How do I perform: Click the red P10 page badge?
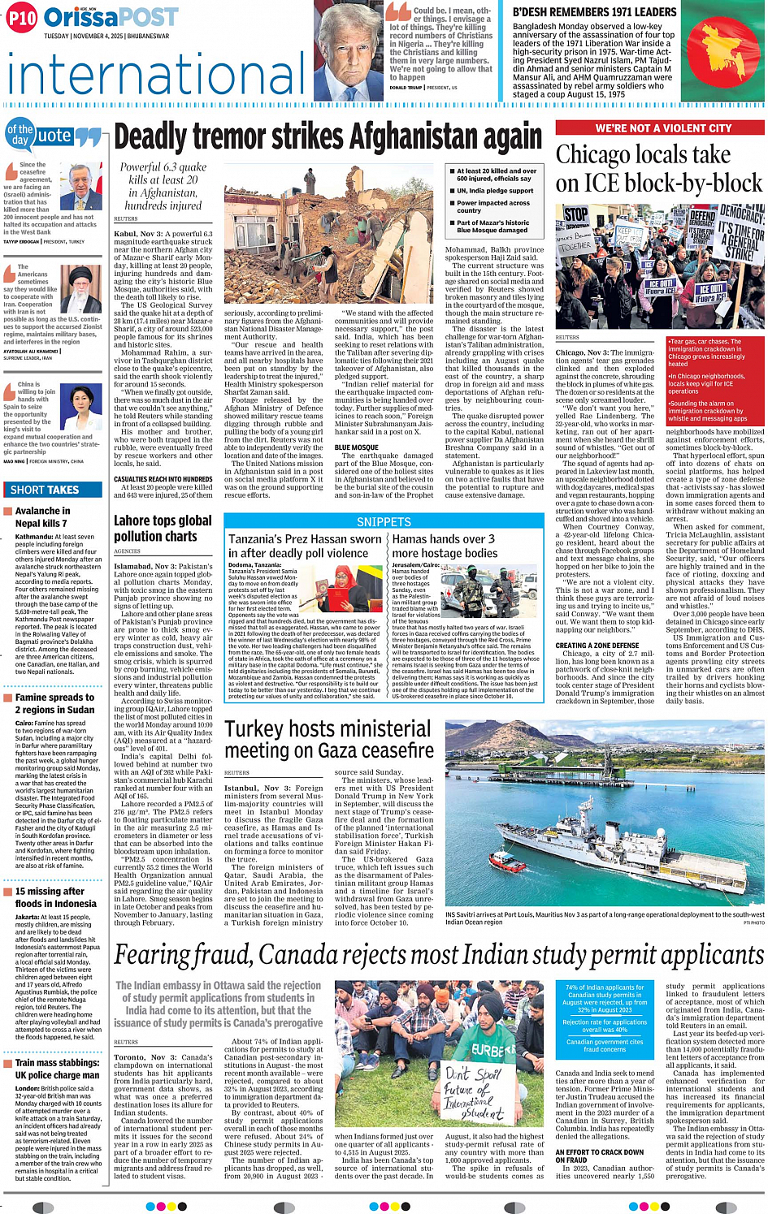coord(22,18)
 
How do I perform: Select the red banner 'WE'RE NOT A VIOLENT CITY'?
coord(662,128)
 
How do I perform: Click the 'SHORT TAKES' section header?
coord(45,490)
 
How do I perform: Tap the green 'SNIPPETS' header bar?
coord(384,522)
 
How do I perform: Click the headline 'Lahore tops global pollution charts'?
coord(163,528)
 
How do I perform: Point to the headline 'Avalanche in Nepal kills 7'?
coord(42,516)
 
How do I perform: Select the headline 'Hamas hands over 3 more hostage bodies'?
coord(444,546)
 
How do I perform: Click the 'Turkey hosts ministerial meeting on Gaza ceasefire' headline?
coord(329,739)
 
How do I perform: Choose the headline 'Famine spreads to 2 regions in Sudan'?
coord(54,703)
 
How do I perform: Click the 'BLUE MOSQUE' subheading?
coord(357,447)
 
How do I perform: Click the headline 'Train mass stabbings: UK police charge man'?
coord(57,1069)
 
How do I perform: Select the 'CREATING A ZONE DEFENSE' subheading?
coord(597,646)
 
